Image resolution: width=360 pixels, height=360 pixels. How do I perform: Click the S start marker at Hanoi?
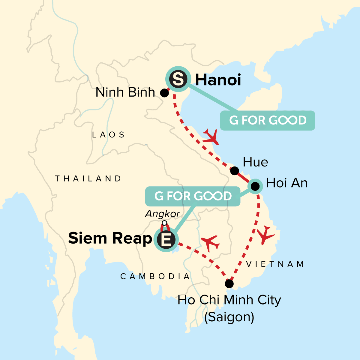coord(178,79)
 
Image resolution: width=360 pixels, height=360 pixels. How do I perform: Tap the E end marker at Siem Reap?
coord(166,239)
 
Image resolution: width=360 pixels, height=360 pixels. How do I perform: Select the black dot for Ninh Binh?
coord(164,93)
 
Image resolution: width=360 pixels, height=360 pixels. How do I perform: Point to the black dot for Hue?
coord(234,171)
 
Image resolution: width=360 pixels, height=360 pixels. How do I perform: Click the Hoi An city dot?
coord(255,186)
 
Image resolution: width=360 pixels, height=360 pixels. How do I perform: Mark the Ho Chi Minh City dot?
coord(229,283)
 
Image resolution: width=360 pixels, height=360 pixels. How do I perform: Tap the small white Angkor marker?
coord(164,223)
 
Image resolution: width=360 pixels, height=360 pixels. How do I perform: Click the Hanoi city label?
coord(218,80)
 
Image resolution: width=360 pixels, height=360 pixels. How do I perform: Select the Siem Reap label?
coord(110,238)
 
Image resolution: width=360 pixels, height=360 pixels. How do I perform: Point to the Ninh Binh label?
coord(125,92)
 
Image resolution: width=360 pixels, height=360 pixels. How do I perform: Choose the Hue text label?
coord(255,162)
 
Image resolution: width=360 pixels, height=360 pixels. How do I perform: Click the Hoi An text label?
coord(287,183)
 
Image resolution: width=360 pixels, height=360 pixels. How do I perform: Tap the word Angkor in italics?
coord(162,214)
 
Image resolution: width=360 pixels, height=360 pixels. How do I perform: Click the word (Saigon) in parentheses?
coord(229,317)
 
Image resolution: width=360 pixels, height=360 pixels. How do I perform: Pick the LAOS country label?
coord(108,135)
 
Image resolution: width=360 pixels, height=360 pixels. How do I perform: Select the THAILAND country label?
coord(88,179)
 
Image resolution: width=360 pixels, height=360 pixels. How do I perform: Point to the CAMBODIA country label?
coord(155,276)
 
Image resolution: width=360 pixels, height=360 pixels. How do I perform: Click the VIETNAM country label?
coord(275,264)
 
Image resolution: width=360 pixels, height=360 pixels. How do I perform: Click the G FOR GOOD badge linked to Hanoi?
coord(268,121)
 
